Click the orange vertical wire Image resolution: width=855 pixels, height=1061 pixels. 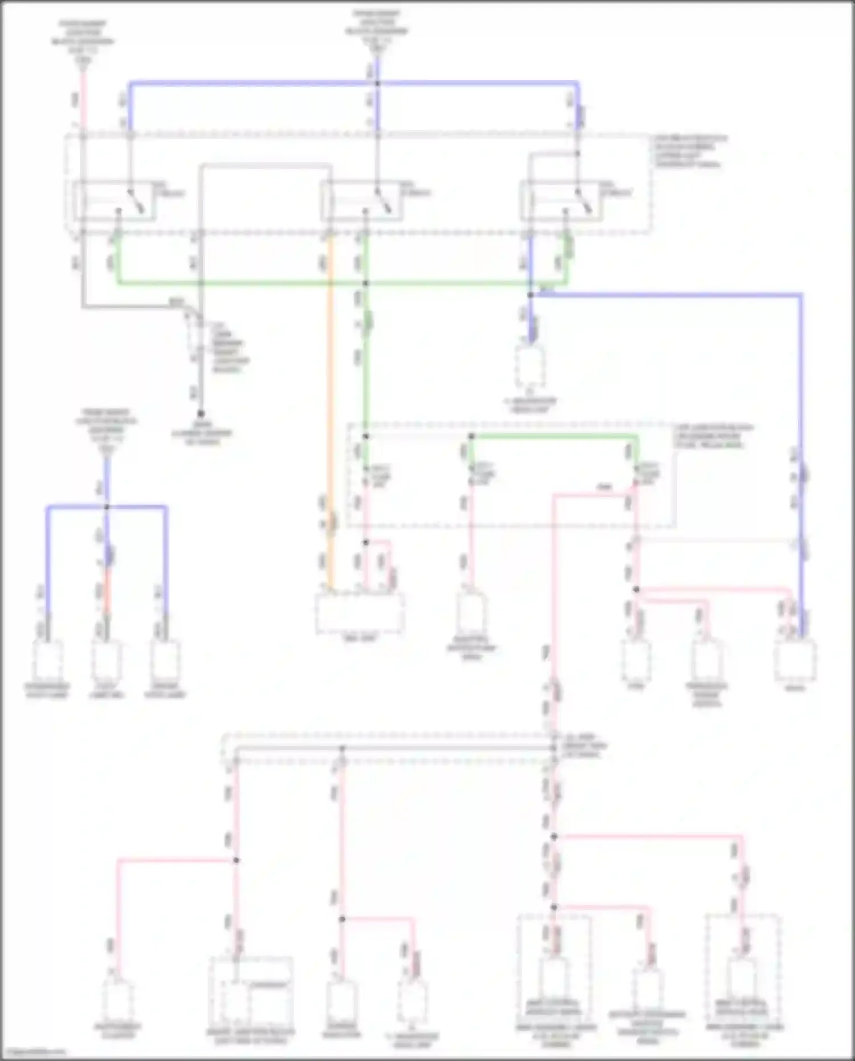330,399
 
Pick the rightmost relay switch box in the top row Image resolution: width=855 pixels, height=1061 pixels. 561,201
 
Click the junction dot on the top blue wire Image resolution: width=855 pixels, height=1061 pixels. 377,84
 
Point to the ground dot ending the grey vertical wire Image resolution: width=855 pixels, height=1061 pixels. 201,413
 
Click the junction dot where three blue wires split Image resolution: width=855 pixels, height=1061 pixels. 107,506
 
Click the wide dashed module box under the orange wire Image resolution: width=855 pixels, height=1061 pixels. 360,613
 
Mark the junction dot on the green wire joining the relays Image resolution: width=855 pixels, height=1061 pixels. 365,283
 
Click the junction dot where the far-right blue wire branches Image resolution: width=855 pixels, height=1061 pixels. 530,295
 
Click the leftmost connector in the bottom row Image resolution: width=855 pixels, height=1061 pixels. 118,1001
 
